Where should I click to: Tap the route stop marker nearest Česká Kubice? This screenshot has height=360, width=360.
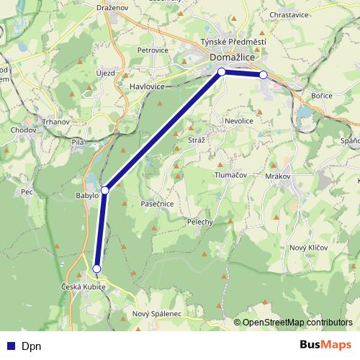click(97, 269)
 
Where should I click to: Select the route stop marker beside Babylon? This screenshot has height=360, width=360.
click(105, 190)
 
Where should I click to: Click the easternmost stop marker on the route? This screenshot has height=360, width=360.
click(264, 75)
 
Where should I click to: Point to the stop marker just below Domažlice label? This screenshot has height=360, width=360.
click(222, 71)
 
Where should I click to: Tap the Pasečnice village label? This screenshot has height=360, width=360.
click(158, 204)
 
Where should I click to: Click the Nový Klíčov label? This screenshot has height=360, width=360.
click(308, 247)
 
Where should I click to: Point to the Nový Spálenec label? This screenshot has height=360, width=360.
click(157, 315)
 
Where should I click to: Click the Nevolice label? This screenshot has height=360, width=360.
click(239, 121)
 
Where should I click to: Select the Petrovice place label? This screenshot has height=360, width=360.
click(153, 50)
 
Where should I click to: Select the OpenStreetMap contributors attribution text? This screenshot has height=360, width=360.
click(298, 323)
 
